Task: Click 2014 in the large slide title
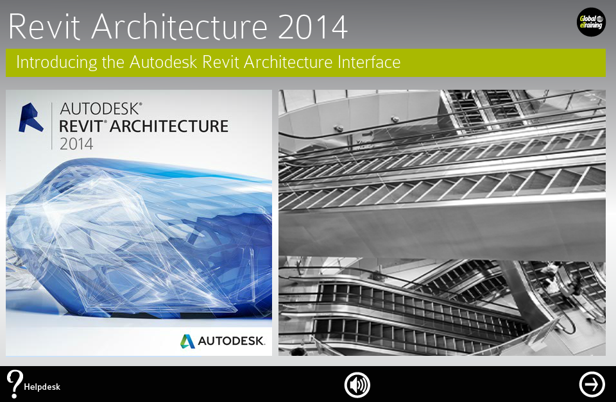point(313,26)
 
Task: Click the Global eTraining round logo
point(590,23)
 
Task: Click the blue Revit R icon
point(31,118)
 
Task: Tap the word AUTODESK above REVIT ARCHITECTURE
point(101,108)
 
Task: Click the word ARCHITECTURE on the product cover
point(169,126)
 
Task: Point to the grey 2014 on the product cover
point(76,144)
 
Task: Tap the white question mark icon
point(15,383)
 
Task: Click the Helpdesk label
point(42,387)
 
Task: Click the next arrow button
point(592,384)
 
